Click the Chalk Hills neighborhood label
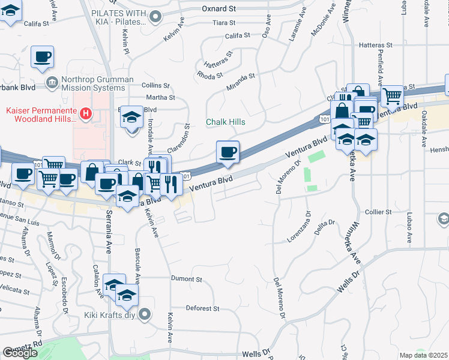225,122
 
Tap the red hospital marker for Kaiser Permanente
86,112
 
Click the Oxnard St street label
219,8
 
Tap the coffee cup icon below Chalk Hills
228,151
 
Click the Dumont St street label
186,279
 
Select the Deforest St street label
202,308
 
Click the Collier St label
378,212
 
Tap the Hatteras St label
375,45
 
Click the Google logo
20,353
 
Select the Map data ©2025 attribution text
423,355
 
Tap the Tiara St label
226,23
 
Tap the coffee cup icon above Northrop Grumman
42,57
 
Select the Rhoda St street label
210,75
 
